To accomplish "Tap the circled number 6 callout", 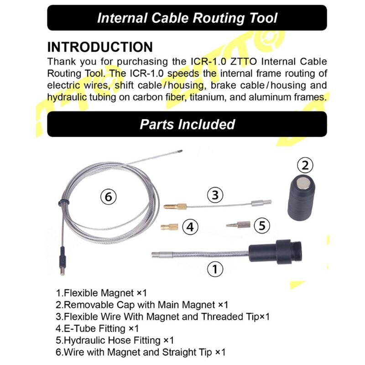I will coord(108,198).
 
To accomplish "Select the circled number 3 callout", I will coord(215,195).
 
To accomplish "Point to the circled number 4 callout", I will coord(191,227).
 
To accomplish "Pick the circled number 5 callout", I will coord(261,225).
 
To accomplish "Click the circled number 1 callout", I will coord(215,269).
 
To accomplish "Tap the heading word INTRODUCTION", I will coord(100,47).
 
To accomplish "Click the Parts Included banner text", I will coord(187,124).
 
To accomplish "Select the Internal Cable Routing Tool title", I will coord(187,18).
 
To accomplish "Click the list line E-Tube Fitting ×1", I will coord(97,328).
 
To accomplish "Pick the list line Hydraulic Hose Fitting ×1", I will coord(115,340).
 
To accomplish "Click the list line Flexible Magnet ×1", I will coord(101,292).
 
